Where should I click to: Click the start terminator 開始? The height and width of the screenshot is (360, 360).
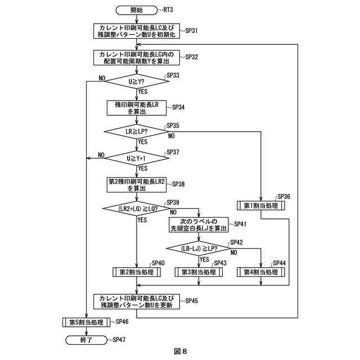pyautogui.click(x=137, y=10)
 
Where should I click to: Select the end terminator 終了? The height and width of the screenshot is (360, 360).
pyautogui.click(x=87, y=340)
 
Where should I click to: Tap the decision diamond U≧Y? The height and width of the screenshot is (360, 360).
pyautogui.click(x=137, y=82)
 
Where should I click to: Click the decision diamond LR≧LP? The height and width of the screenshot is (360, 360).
pyautogui.click(x=137, y=132)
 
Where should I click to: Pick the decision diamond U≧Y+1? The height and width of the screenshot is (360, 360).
pyautogui.click(x=137, y=159)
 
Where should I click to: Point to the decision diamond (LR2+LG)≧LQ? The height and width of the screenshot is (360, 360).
pyautogui.click(x=137, y=209)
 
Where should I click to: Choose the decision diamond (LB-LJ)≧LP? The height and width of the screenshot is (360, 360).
pyautogui.click(x=199, y=248)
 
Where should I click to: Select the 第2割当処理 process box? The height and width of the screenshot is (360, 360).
pyautogui.click(x=137, y=272)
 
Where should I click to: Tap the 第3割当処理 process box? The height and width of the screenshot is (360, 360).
pyautogui.click(x=199, y=272)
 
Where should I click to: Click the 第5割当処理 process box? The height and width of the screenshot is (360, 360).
pyautogui.click(x=87, y=322)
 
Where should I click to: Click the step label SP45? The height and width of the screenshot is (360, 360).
pyautogui.click(x=190, y=301)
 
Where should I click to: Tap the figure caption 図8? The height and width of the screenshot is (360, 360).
pyautogui.click(x=180, y=352)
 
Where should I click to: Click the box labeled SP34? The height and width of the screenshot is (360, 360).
pyautogui.click(x=137, y=107)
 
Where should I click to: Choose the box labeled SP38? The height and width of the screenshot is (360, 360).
pyautogui.click(x=137, y=184)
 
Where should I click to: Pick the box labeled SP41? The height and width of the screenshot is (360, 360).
pyautogui.click(x=199, y=224)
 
